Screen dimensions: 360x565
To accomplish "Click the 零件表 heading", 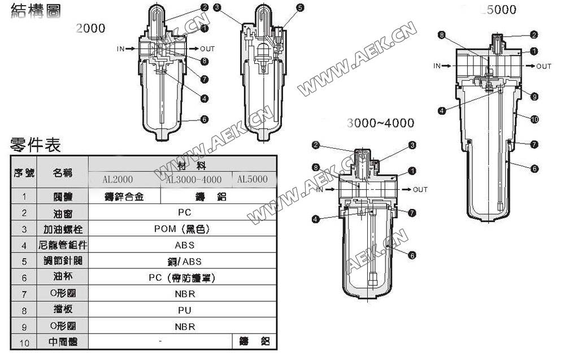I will click(35, 145).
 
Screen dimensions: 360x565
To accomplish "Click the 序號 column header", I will click(24, 172).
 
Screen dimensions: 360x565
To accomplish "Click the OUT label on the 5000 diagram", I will click(544, 66).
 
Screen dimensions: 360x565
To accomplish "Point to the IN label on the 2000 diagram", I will click(120, 49).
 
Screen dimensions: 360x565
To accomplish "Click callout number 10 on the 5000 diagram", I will click(534, 119).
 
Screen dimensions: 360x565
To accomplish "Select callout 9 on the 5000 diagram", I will click(534, 97).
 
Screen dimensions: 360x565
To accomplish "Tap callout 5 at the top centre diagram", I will click(299, 8).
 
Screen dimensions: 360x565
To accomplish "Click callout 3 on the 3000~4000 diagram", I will click(412, 145).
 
